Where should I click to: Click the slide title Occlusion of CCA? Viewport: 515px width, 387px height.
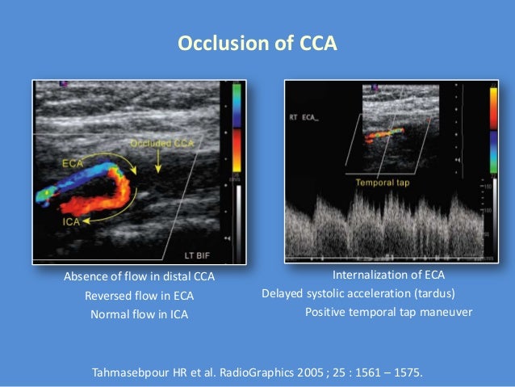tap(257, 42)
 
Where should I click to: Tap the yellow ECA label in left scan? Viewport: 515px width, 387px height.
tap(73, 162)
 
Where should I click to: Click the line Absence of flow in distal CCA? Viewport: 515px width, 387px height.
tap(139, 277)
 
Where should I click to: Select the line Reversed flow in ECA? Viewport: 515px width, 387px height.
tap(139, 296)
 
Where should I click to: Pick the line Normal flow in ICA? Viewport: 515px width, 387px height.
tap(139, 314)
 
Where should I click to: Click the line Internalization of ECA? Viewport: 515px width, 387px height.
tap(388, 275)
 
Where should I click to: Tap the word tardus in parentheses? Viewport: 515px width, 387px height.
tap(433, 292)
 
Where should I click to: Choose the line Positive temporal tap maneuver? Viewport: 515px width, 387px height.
tap(387, 312)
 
